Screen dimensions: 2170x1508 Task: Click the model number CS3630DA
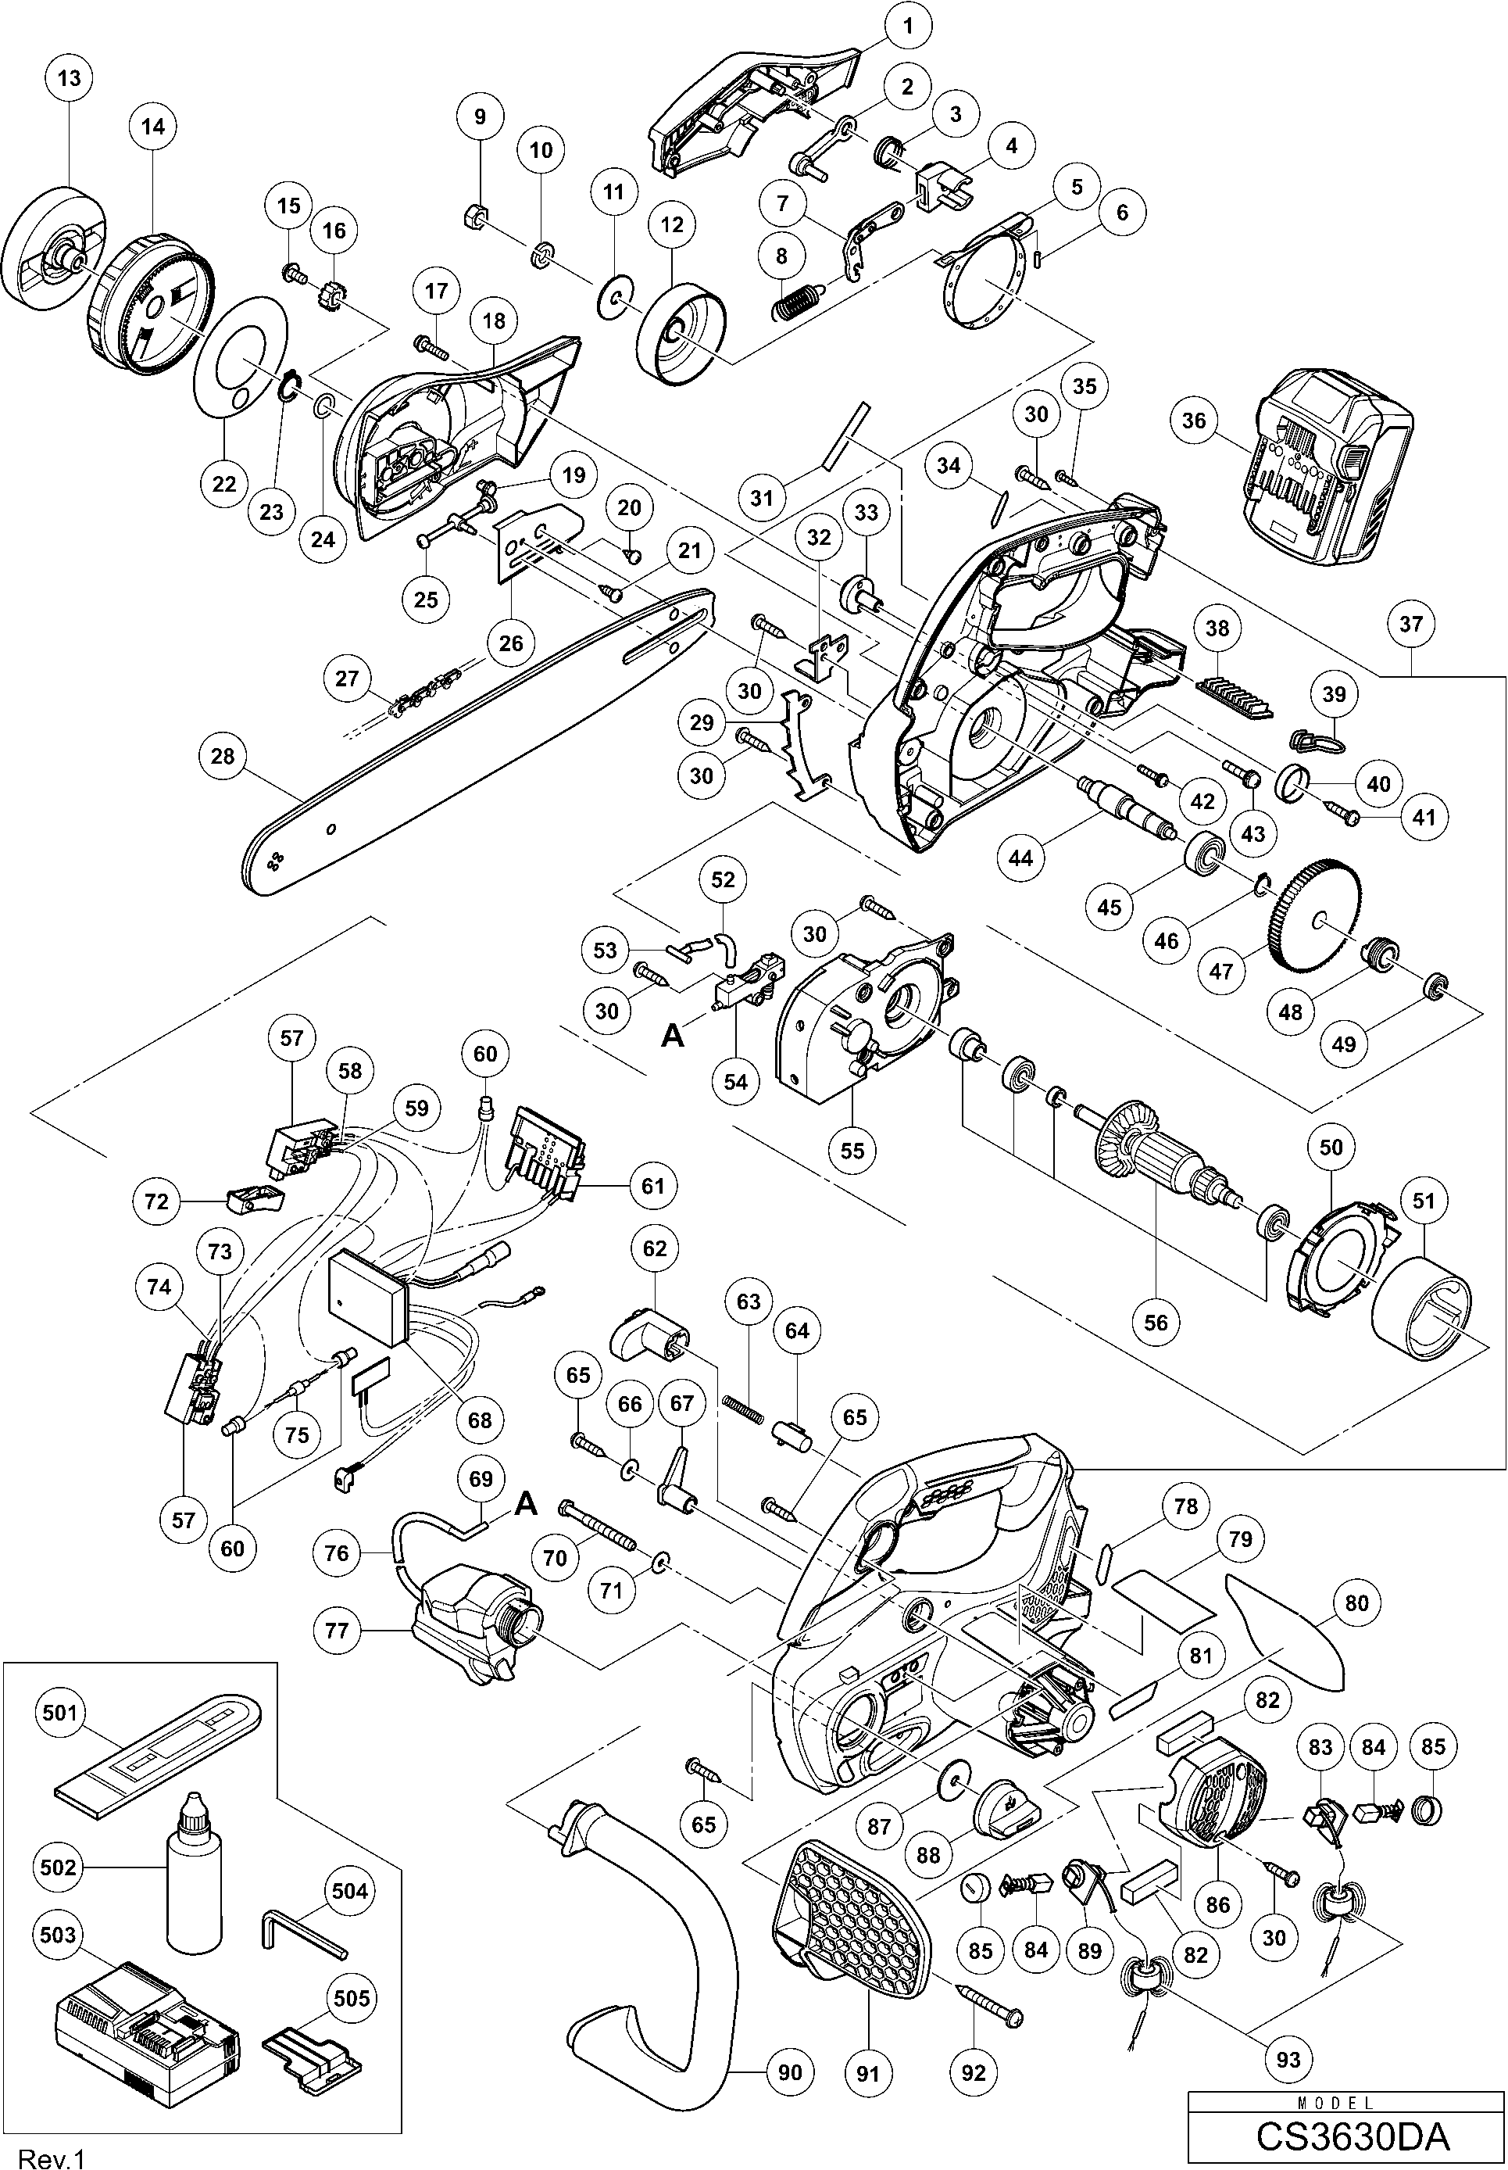pyautogui.click(x=1352, y=2135)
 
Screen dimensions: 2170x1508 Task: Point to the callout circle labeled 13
pyautogui.click(x=69, y=78)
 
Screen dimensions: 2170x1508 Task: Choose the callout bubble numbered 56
pyautogui.click(x=1156, y=1322)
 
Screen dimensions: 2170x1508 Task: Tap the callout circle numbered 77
pyautogui.click(x=338, y=1631)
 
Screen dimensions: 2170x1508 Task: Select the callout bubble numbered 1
pyautogui.click(x=908, y=26)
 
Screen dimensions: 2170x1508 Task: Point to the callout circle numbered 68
pyautogui.click(x=480, y=1420)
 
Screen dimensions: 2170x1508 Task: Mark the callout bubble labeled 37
pyautogui.click(x=1410, y=624)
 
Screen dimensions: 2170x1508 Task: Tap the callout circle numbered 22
pyautogui.click(x=224, y=484)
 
